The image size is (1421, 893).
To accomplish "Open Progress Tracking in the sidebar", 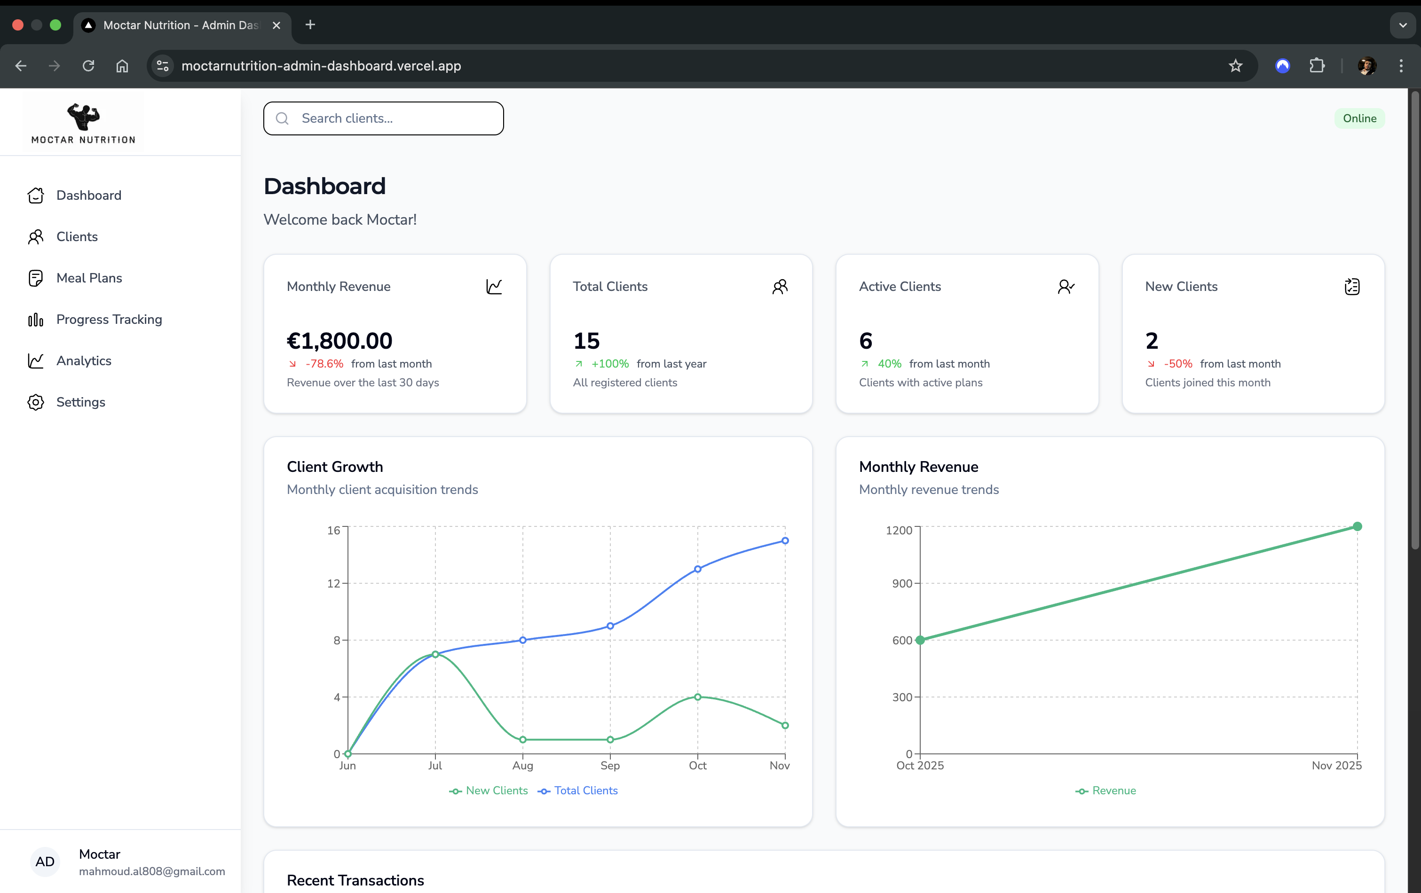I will [109, 319].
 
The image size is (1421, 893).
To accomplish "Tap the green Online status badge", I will [1359, 118].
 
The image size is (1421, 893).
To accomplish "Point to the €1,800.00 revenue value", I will [339, 341].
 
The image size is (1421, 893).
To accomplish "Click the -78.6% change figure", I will [324, 364].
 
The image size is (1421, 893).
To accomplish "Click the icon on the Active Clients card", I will [1065, 287].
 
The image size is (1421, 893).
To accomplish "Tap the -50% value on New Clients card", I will [1177, 364].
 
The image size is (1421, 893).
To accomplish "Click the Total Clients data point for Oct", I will [697, 569].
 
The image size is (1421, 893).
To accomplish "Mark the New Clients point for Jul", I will [435, 654].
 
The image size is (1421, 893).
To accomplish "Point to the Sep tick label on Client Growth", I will [609, 766].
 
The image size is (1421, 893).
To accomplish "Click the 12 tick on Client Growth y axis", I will [333, 583].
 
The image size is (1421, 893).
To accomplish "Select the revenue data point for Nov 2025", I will [1357, 526].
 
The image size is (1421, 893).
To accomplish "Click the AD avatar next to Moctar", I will [45, 862].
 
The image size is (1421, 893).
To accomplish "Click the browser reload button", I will [88, 65].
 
